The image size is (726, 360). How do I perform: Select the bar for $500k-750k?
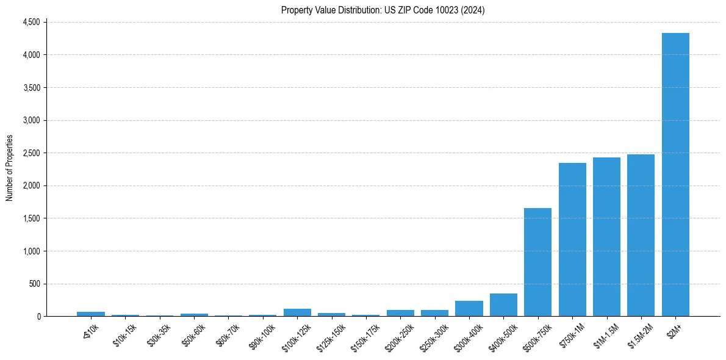[537, 262]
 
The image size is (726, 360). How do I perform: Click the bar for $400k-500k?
[503, 305]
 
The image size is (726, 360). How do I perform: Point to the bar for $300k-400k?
[469, 309]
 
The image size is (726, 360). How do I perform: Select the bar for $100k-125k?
[297, 312]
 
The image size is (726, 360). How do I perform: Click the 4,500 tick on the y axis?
[31, 22]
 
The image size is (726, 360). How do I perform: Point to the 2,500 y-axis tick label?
[31, 153]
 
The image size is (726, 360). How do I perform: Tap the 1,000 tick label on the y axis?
[31, 251]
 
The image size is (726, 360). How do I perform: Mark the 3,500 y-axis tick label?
[31, 88]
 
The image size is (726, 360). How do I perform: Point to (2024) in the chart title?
[473, 10]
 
